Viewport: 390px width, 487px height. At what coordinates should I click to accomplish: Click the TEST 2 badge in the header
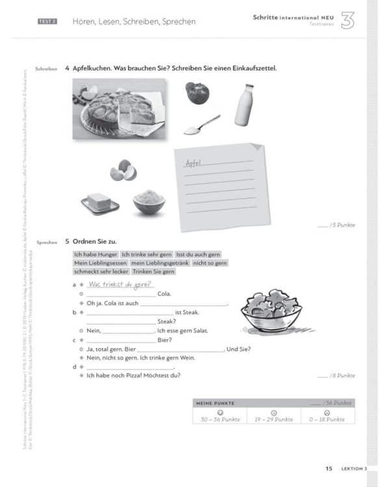tap(47, 21)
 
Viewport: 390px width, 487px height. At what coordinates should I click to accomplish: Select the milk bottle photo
tap(242, 105)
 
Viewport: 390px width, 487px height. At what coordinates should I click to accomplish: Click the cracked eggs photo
tap(123, 172)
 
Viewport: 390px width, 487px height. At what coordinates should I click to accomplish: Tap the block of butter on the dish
tap(100, 202)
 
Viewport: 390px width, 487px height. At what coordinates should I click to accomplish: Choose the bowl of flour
tap(149, 201)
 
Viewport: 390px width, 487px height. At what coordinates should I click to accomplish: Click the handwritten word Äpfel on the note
tap(194, 162)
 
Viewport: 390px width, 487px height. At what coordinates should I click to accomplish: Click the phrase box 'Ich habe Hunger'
tap(96, 254)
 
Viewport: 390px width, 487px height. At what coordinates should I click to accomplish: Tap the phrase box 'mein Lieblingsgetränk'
tap(159, 263)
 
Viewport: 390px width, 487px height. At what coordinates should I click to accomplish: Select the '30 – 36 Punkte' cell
tap(220, 419)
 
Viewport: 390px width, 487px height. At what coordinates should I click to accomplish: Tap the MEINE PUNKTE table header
tap(215, 403)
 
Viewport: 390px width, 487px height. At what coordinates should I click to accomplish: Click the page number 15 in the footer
tap(329, 468)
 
